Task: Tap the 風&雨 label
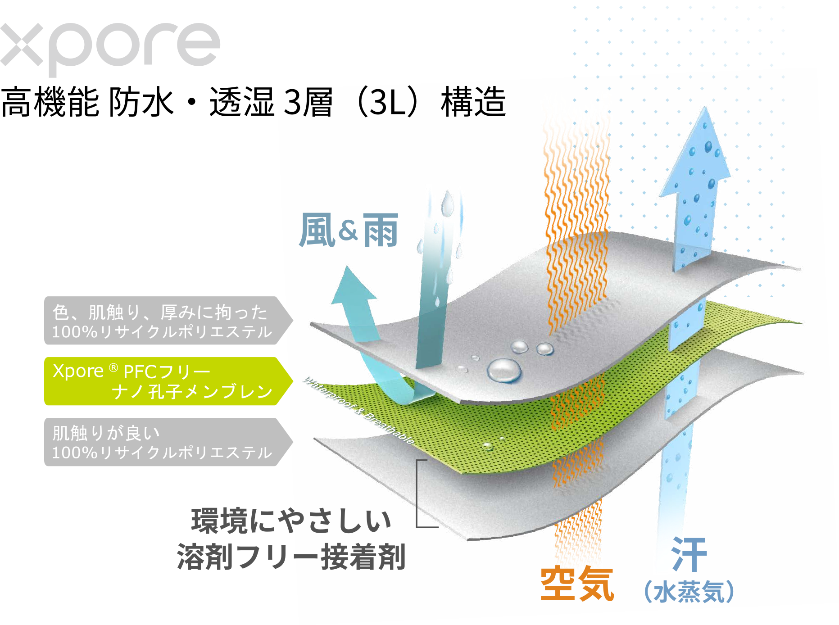(349, 231)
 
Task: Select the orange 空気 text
(577, 584)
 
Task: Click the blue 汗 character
(689, 554)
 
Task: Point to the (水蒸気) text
(689, 591)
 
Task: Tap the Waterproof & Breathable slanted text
(358, 410)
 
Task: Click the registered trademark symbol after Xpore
(113, 368)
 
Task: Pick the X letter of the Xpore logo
(22, 45)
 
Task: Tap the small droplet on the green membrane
(488, 446)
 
